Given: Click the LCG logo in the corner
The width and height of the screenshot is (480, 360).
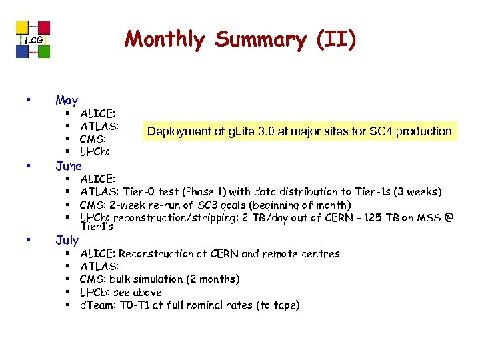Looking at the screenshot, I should click(x=33, y=39).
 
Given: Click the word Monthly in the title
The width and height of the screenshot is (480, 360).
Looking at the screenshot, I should click(x=167, y=39).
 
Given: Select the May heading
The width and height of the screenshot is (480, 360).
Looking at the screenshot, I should click(x=67, y=100).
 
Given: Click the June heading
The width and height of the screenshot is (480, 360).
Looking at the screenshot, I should click(x=69, y=165).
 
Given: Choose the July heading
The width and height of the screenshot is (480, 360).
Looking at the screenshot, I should click(x=67, y=239).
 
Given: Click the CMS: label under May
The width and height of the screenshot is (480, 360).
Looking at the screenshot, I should click(x=94, y=139).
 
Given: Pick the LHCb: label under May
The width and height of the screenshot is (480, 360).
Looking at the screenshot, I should click(x=96, y=152).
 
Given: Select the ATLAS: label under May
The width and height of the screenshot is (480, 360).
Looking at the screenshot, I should click(x=99, y=125).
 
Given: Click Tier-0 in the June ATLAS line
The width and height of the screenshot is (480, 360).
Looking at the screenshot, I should click(x=140, y=192).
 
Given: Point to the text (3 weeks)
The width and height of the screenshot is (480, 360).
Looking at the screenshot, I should click(x=417, y=192).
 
